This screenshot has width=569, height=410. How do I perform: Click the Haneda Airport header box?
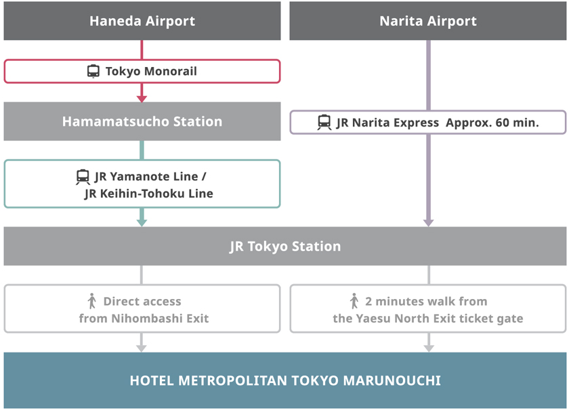click(x=142, y=21)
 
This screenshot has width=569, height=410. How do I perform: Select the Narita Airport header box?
click(x=428, y=21)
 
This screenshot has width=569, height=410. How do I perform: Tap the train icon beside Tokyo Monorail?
click(x=93, y=71)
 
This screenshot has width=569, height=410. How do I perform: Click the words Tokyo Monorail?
click(x=151, y=71)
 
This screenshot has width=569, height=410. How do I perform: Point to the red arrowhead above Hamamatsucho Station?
click(x=142, y=98)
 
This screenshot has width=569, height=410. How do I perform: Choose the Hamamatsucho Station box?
click(x=142, y=122)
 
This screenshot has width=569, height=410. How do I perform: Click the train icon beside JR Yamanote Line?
click(x=83, y=177)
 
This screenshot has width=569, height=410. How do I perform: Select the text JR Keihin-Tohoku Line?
click(x=148, y=193)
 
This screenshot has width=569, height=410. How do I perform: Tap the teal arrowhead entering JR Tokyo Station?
click(x=142, y=221)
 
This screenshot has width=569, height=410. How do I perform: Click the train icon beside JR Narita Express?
click(x=324, y=122)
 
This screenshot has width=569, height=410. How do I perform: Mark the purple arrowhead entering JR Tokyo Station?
click(x=428, y=222)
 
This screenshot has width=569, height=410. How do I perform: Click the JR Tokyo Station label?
click(x=285, y=246)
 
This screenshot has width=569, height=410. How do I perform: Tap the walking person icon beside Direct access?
click(x=92, y=301)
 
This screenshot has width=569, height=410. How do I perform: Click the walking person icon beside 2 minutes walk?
click(x=354, y=301)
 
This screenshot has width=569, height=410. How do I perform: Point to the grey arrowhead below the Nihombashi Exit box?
click(x=142, y=348)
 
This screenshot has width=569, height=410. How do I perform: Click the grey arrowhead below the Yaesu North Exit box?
click(x=428, y=348)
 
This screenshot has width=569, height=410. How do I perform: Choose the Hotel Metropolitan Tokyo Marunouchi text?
click(x=285, y=380)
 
